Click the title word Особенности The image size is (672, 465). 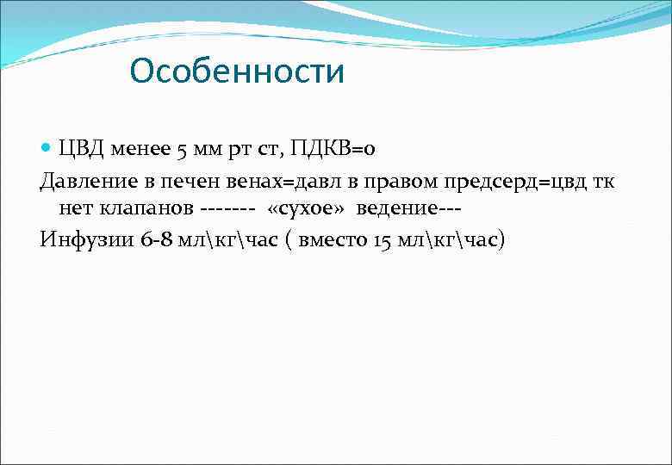click(x=237, y=71)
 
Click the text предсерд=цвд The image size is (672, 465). click(x=516, y=181)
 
